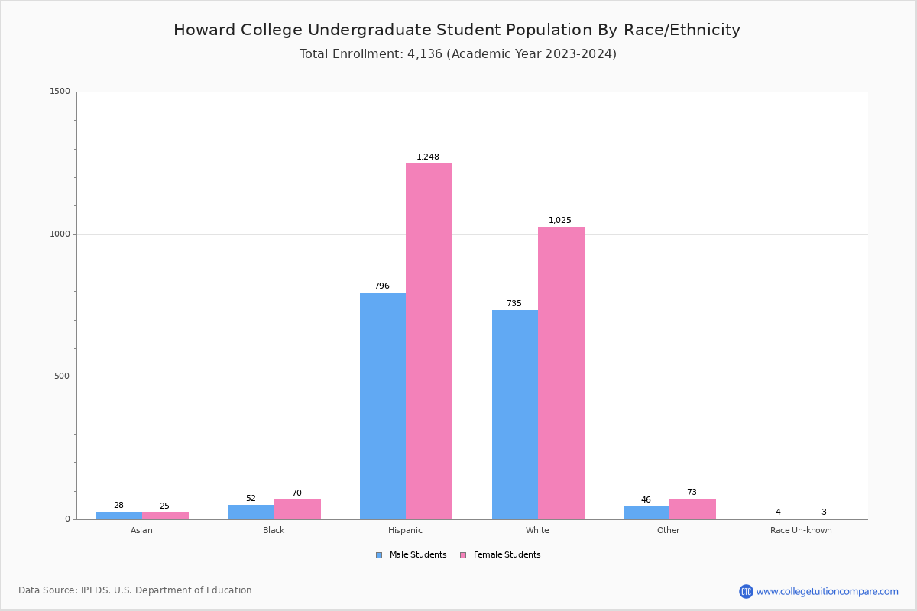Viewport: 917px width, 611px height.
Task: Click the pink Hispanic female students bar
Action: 429,341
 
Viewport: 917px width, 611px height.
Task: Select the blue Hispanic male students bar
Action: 383,406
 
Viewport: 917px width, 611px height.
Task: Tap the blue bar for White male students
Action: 515,415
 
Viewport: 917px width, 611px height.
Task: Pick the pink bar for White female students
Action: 561,373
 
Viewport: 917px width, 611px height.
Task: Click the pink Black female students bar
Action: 297,509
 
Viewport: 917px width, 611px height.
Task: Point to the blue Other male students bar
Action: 646,512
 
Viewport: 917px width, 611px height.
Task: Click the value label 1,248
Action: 428,157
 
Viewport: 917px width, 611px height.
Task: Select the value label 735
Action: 514,304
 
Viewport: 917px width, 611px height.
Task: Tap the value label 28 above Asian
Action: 118,506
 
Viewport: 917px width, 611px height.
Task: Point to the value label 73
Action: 692,493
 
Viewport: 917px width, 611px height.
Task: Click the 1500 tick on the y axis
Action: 60,92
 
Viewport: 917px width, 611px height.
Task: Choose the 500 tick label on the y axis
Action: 63,377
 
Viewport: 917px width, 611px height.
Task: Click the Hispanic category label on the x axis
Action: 405,530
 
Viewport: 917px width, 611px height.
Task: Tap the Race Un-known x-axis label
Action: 801,530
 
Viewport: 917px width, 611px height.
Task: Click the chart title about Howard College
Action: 457,31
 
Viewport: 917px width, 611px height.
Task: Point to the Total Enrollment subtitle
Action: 458,54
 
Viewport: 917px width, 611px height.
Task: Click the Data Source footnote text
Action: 135,590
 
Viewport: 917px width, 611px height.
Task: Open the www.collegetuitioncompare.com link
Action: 827,591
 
